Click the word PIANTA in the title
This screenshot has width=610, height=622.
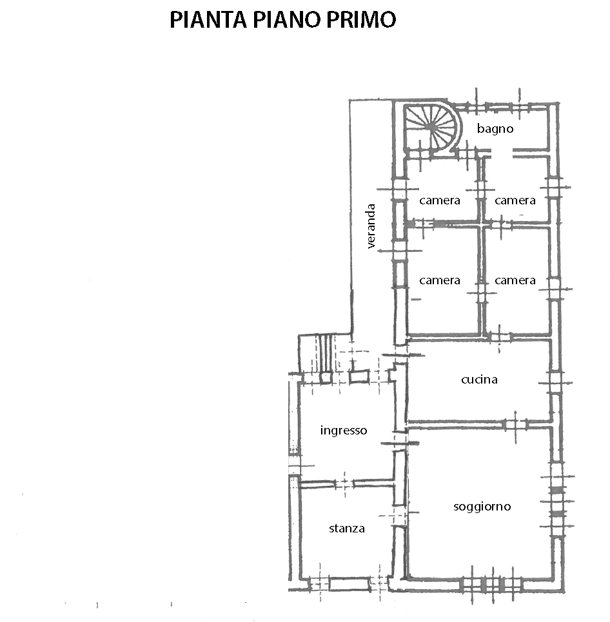click(208, 19)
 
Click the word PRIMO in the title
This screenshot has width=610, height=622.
click(361, 19)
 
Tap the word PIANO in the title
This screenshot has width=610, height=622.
click(286, 19)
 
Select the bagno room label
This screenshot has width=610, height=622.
click(495, 129)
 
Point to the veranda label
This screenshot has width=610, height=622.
click(371, 226)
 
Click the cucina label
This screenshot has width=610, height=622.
click(479, 380)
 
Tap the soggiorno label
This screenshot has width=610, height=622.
click(482, 507)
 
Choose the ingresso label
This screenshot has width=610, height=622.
click(344, 431)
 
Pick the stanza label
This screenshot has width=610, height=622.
click(347, 529)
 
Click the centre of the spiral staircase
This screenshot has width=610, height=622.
click(431, 127)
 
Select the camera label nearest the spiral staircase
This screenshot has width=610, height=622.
click(440, 200)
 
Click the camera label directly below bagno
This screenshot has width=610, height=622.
click(515, 200)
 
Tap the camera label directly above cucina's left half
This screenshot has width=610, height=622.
click(440, 280)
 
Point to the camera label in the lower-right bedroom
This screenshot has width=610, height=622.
click(515, 280)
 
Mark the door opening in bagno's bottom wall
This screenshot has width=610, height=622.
click(502, 152)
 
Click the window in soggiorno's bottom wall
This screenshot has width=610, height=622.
click(492, 585)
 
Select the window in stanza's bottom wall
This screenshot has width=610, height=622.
click(349, 583)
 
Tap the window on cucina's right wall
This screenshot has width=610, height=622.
click(555, 382)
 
